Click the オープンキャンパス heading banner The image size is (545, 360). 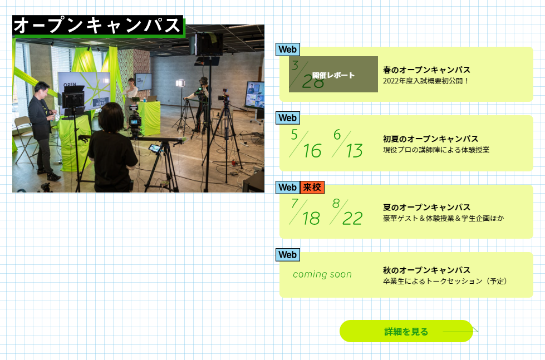pos(98,26)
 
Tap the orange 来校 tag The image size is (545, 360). pos(312,188)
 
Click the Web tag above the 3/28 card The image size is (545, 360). pos(288,50)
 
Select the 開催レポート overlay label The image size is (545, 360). pos(333,75)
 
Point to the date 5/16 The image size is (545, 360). pos(306,144)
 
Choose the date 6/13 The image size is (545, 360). pos(347,144)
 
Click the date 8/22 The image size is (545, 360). pos(346,212)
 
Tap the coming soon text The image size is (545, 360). pos(322,274)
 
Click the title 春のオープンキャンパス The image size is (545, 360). pos(426,70)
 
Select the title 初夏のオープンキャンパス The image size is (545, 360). pos(431,139)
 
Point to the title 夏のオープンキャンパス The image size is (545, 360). pos(426,208)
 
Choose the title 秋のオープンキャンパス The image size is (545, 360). pos(426,270)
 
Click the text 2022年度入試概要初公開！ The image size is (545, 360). pos(426,81)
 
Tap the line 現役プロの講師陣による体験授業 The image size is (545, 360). pos(436,150)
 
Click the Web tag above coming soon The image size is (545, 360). pos(288,255)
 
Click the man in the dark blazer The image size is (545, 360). pos(42,129)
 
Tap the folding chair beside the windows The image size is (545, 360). pos(24,139)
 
